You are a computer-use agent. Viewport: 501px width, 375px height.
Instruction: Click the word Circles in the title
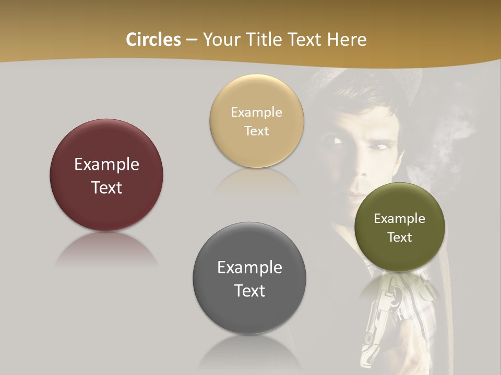(153, 40)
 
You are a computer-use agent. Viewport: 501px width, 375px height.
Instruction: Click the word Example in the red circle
(106, 165)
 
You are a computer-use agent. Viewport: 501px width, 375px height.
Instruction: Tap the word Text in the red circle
(106, 187)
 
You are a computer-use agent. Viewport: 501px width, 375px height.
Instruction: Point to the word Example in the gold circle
(257, 113)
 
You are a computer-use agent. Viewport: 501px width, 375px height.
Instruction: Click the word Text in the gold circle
(257, 131)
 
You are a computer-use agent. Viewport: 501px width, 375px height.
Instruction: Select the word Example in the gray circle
(249, 268)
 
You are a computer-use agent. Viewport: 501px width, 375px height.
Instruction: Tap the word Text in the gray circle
(249, 291)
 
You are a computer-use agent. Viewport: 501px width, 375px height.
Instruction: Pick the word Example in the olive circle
(400, 219)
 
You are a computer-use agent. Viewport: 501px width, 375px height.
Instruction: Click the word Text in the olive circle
(400, 238)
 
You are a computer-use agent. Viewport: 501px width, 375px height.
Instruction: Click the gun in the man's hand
(376, 323)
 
